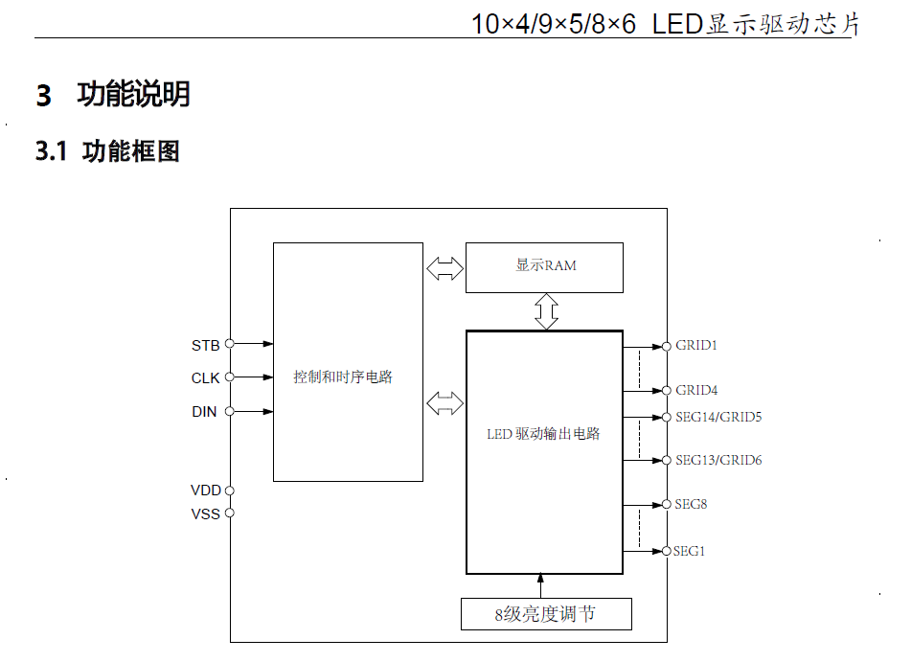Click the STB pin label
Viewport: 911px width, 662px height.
(205, 345)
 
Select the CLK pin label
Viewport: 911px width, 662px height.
(205, 378)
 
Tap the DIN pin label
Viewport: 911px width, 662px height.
(204, 412)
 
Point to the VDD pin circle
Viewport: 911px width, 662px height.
(230, 491)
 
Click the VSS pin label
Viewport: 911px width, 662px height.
(205, 514)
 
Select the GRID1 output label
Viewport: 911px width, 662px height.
(696, 345)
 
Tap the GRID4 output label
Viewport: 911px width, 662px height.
(696, 390)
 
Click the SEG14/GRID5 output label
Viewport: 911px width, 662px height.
(718, 417)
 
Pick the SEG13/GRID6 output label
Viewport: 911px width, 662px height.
(718, 460)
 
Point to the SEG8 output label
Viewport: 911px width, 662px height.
(691, 504)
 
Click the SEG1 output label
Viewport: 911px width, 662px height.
(689, 551)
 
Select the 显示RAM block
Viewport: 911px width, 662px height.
(544, 267)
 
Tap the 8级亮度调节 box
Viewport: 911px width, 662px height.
(546, 614)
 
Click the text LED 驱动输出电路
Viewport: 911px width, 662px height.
(543, 434)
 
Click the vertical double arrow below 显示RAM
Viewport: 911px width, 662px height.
(546, 311)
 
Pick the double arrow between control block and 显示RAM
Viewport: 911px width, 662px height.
(444, 268)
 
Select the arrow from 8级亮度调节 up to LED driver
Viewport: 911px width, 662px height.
(541, 584)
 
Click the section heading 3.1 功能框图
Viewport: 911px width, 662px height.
(107, 151)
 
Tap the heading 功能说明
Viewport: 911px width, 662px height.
(133, 95)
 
